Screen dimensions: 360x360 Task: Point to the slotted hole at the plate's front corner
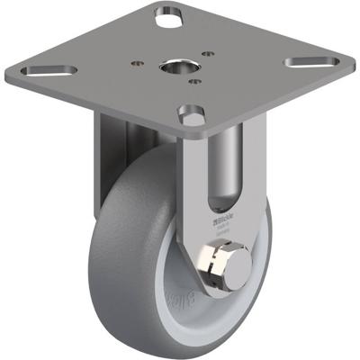pyautogui.click(x=192, y=116)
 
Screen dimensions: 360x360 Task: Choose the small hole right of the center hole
pyautogui.click(x=208, y=53)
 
